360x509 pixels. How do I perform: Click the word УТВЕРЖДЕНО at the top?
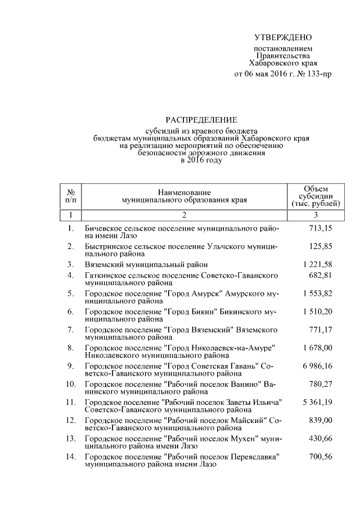282,38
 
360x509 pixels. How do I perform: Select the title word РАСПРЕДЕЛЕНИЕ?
201,120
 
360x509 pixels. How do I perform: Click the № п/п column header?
71,196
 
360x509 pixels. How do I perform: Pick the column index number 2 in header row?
183,215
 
